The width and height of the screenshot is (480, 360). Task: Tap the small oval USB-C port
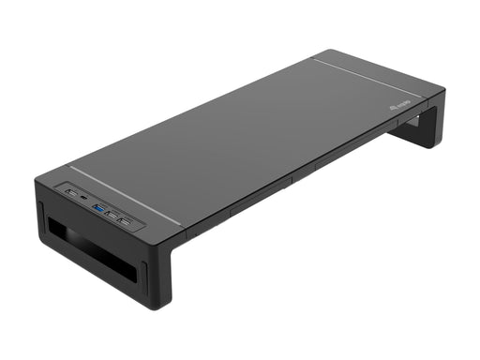(x=84, y=196)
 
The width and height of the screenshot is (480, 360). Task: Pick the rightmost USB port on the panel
(x=127, y=207)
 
